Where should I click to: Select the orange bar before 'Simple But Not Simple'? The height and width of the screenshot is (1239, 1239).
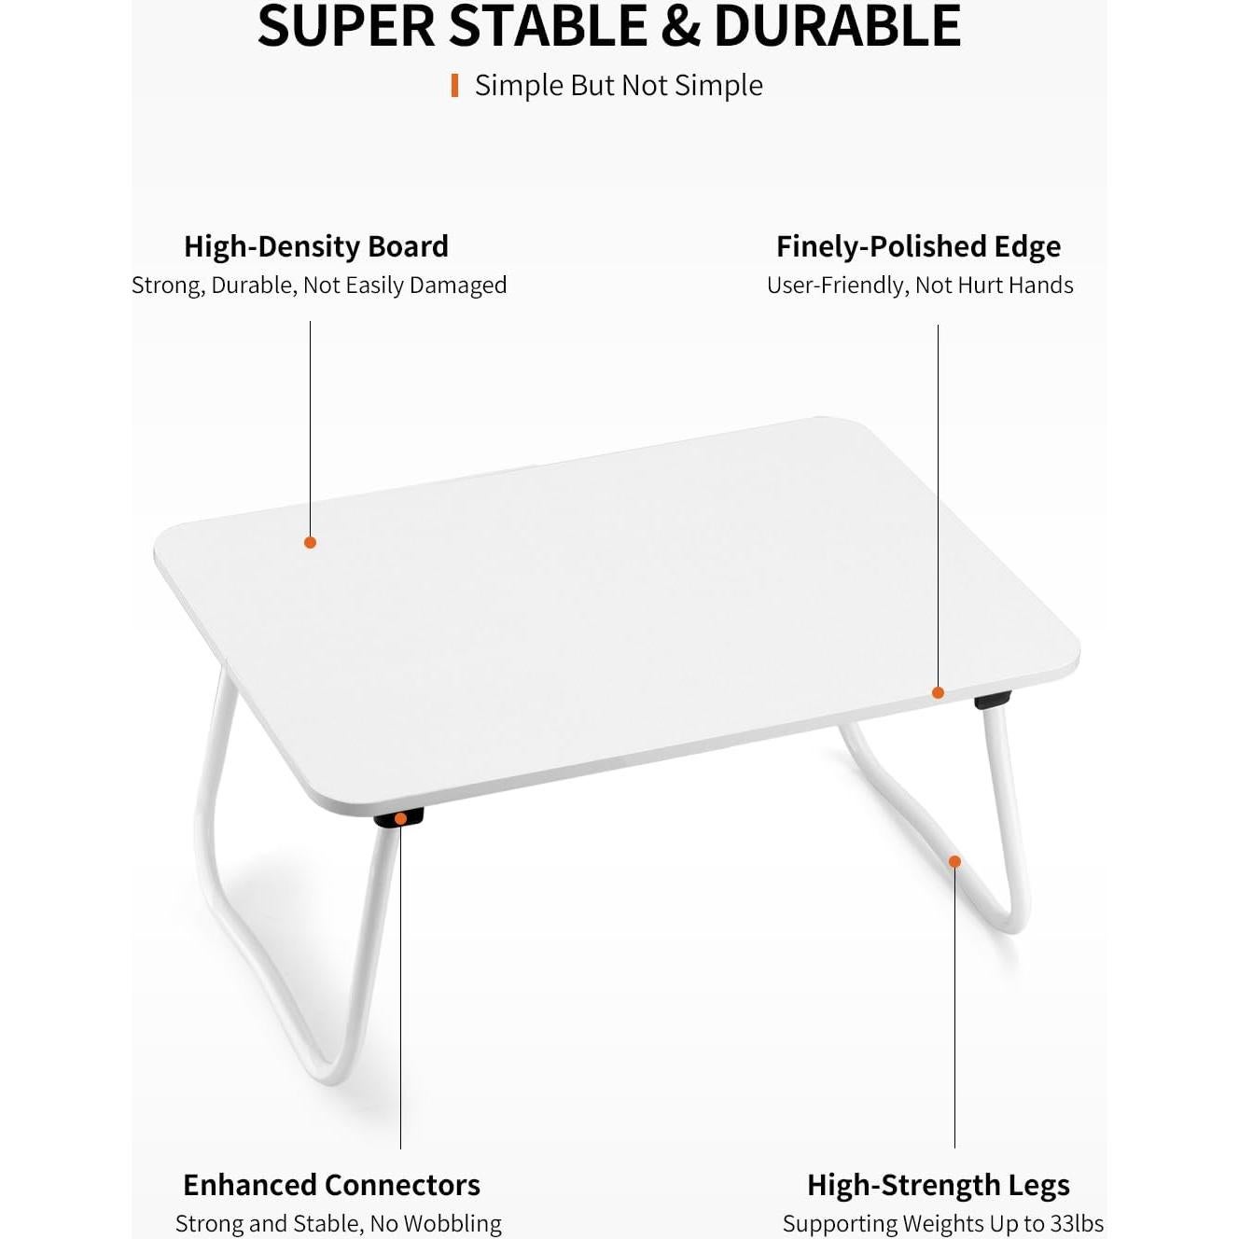click(454, 86)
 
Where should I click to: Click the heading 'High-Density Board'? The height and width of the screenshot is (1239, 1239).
click(315, 246)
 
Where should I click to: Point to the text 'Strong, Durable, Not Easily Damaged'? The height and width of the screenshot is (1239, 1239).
click(319, 285)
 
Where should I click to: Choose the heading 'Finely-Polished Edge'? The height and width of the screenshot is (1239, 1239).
click(918, 246)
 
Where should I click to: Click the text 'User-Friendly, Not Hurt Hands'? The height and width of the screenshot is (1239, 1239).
click(920, 285)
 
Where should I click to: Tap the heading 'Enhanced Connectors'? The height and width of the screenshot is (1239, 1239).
click(331, 1185)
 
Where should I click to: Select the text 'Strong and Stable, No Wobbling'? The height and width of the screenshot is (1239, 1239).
click(338, 1223)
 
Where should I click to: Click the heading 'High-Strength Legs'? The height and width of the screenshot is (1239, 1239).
click(938, 1185)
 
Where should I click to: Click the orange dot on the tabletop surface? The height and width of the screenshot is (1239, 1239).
click(310, 542)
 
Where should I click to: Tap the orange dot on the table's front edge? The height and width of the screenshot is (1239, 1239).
click(938, 692)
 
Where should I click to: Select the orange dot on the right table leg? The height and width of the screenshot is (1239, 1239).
click(954, 861)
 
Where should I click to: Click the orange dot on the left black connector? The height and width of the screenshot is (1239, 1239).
click(400, 819)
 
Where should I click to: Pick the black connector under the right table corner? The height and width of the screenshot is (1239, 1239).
click(994, 700)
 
